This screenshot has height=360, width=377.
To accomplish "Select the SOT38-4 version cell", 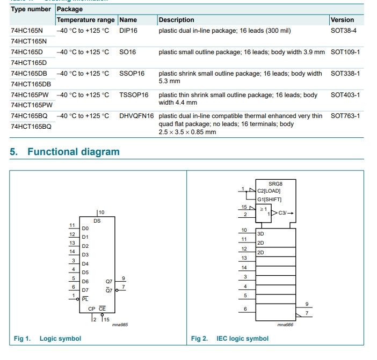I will (x=343, y=31).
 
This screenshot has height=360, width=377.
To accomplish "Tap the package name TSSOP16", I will (x=134, y=95).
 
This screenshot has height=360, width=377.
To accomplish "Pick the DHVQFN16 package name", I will (x=136, y=116).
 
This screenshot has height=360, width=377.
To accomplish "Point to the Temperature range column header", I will (x=85, y=20).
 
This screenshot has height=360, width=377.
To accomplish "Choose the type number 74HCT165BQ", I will (x=31, y=127).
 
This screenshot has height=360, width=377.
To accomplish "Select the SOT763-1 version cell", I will (x=345, y=116).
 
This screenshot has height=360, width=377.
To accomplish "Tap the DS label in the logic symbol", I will (x=97, y=221).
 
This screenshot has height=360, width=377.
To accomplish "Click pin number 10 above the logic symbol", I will (x=101, y=212).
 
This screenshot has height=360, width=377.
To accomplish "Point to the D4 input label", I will (x=85, y=263).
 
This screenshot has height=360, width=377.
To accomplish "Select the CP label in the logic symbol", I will (x=92, y=309).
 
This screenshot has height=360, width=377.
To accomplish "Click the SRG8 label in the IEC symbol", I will (x=276, y=183).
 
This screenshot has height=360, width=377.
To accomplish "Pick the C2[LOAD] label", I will (x=269, y=190).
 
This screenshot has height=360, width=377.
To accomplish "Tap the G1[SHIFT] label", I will (x=269, y=199).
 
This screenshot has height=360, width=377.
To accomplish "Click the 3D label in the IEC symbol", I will (x=260, y=234).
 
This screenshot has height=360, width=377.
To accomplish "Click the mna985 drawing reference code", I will (x=120, y=325).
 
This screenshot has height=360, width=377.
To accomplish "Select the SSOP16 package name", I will (x=132, y=74).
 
